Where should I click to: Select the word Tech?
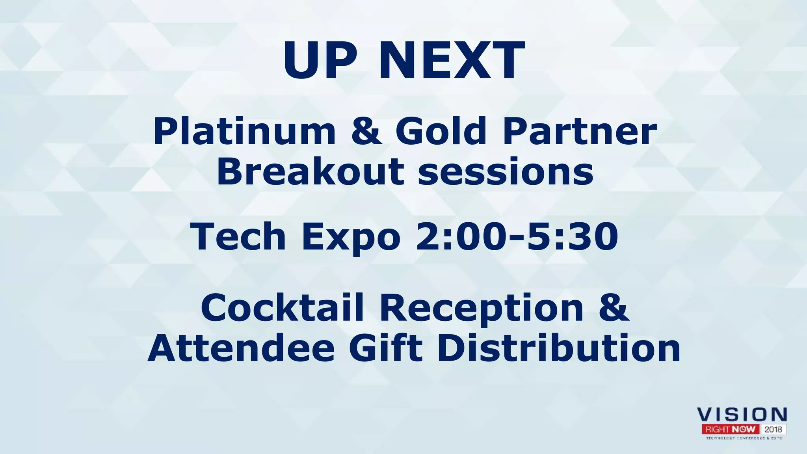click(238, 236)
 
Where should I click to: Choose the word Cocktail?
click(282, 308)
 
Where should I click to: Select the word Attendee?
click(241, 348)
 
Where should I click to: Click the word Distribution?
click(559, 348)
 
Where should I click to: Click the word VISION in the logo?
click(742, 415)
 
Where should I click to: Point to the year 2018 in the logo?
click(773, 429)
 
